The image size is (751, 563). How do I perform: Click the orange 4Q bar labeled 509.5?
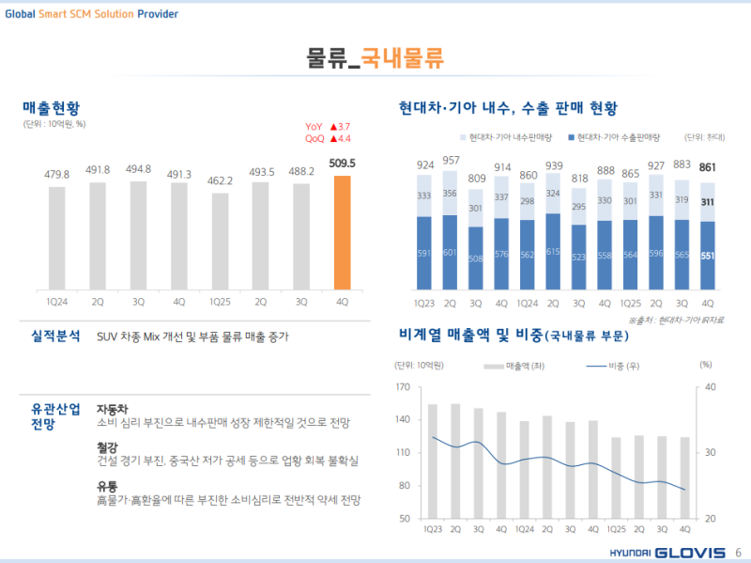(342, 232)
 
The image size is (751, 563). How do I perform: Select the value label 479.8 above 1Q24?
(57, 174)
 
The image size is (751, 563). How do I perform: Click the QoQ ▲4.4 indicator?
(328, 139)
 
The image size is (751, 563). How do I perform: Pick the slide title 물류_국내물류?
(375, 58)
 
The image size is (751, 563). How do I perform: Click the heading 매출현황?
(52, 107)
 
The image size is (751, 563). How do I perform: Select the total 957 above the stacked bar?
(451, 161)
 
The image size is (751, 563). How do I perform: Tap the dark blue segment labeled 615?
(554, 252)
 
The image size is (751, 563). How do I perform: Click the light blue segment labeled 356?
(451, 195)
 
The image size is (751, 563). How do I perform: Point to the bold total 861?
(708, 167)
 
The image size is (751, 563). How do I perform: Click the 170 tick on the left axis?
(403, 386)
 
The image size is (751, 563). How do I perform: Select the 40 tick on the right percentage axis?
(711, 386)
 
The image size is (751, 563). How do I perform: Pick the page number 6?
(738, 552)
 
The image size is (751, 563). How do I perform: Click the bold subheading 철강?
(107, 447)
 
